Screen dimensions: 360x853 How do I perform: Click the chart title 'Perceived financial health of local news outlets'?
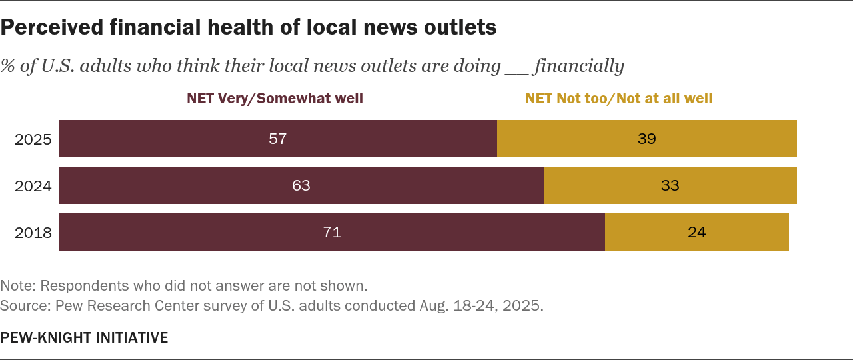tap(249, 27)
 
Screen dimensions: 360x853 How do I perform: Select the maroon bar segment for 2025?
tap(200, 139)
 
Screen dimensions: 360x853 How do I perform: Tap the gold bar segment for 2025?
tap(720, 139)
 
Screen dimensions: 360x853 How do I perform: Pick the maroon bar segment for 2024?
tap(200, 185)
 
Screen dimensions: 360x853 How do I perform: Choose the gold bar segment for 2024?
tap(733, 185)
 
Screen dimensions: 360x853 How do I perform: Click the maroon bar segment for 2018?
tap(200, 232)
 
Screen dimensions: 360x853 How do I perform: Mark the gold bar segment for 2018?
tap(746, 232)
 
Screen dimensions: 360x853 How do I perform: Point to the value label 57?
tap(278, 139)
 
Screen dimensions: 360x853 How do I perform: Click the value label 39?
tap(646, 139)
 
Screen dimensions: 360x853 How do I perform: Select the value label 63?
tap(301, 185)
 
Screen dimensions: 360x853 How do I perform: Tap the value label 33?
tap(670, 185)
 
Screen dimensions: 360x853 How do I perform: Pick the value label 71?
tap(332, 232)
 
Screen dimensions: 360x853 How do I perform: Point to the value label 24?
tap(696, 232)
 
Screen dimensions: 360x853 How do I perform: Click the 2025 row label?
tap(33, 139)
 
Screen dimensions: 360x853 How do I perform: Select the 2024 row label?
tap(33, 186)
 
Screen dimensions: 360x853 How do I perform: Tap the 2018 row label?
tap(33, 233)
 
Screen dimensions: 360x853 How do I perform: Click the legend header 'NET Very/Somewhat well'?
tap(275, 99)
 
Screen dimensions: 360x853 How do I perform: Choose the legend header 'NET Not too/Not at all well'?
tap(618, 99)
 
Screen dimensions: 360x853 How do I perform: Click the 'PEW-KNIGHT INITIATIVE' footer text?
tap(84, 337)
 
